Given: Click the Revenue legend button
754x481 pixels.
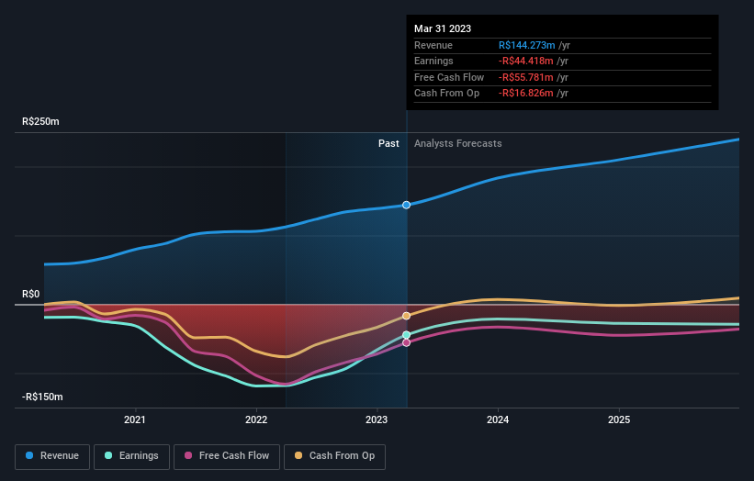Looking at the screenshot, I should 52,455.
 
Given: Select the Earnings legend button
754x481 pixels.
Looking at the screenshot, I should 130,455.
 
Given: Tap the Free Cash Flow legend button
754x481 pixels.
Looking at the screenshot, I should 226,455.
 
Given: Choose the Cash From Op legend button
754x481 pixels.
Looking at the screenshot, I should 333,455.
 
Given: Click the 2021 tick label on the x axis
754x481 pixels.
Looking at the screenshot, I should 135,420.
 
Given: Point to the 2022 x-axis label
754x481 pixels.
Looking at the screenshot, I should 256,420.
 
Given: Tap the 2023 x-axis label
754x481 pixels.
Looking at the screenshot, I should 377,420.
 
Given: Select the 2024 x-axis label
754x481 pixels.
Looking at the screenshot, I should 498,420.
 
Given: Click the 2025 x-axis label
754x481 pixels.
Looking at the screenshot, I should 619,420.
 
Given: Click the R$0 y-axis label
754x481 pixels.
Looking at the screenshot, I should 31,295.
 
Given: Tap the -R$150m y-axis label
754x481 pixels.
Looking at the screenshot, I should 42,397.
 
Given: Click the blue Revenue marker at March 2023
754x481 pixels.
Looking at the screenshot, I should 406,205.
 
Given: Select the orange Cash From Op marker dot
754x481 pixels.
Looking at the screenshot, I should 406,316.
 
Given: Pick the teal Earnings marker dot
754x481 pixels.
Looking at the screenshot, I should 406,335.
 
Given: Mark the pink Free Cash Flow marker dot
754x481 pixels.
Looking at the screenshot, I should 406,342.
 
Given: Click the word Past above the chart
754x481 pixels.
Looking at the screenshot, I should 388,143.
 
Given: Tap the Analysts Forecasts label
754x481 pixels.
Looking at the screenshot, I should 457,143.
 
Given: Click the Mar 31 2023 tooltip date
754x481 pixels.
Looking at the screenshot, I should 443,28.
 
